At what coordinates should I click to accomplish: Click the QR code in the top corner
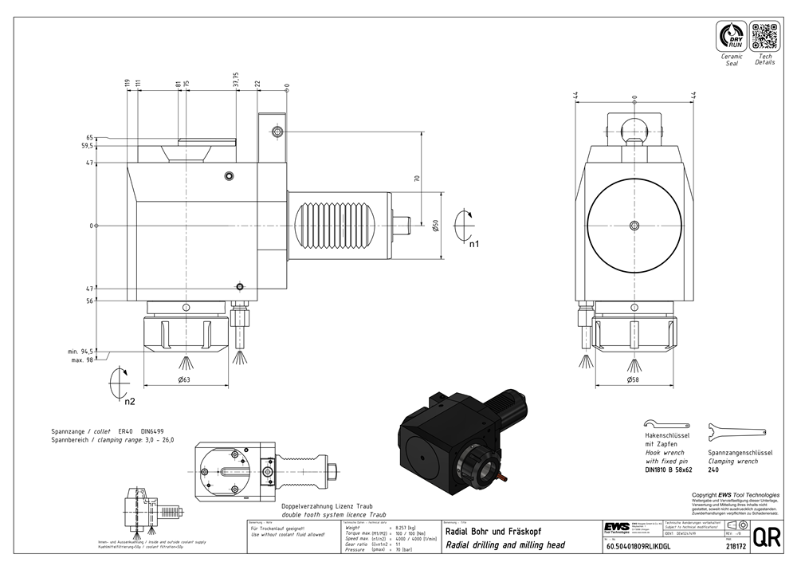pyautogui.click(x=764, y=37)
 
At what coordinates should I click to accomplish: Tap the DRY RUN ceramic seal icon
pyautogui.click(x=731, y=37)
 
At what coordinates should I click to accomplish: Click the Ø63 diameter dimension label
pyautogui.click(x=183, y=380)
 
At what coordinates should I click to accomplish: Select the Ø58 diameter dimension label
pyautogui.click(x=634, y=380)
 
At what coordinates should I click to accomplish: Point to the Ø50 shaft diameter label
pyautogui.click(x=436, y=226)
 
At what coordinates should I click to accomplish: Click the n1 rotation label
pyautogui.click(x=473, y=244)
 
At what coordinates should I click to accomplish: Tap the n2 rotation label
pyautogui.click(x=130, y=401)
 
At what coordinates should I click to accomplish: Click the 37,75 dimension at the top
pyautogui.click(x=236, y=83)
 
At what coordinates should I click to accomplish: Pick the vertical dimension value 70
pyautogui.click(x=417, y=179)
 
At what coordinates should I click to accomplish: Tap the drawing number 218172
pyautogui.click(x=736, y=547)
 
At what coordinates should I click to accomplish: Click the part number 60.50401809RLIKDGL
pyautogui.click(x=638, y=547)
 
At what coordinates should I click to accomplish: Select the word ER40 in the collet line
pyautogui.click(x=127, y=430)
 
